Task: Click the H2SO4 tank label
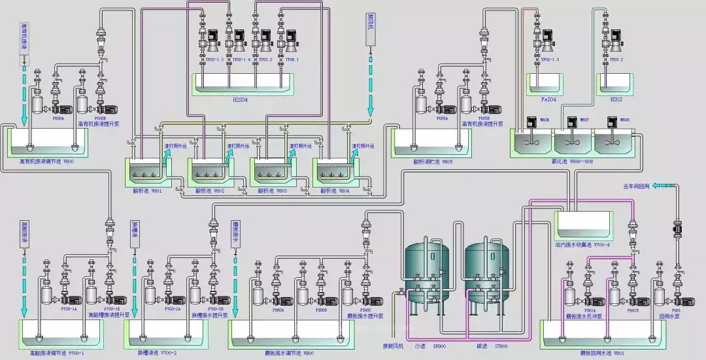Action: (x=241, y=100)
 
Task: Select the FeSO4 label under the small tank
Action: (x=548, y=100)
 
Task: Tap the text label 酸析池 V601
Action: (x=146, y=191)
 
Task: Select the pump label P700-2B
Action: (x=216, y=309)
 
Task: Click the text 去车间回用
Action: (x=636, y=187)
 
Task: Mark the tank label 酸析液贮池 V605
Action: (x=432, y=161)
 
